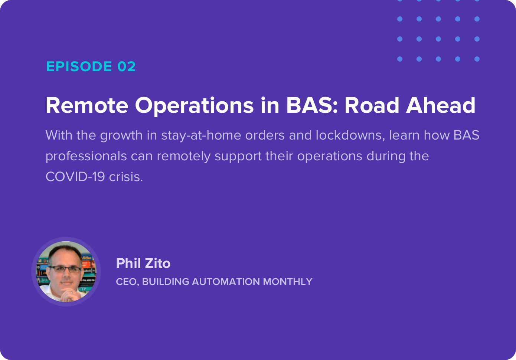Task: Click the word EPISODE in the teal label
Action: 79,66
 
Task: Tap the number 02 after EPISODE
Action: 127,66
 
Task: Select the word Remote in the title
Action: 87,105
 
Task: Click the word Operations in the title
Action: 194,106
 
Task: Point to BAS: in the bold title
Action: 312,105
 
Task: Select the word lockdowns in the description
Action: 350,135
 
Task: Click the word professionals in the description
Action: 86,157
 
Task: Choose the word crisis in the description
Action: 126,177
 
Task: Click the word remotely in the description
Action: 184,157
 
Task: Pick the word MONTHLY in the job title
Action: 287,282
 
